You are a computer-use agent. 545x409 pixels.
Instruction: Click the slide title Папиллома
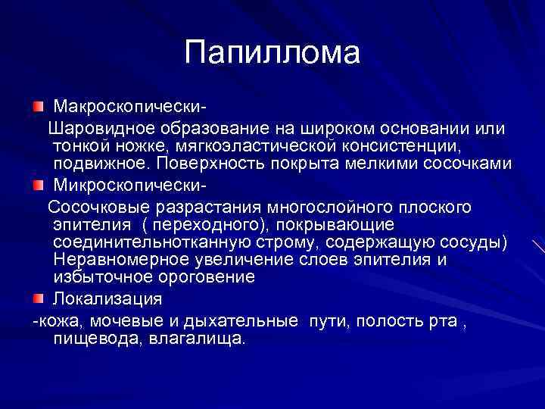point(272,53)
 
